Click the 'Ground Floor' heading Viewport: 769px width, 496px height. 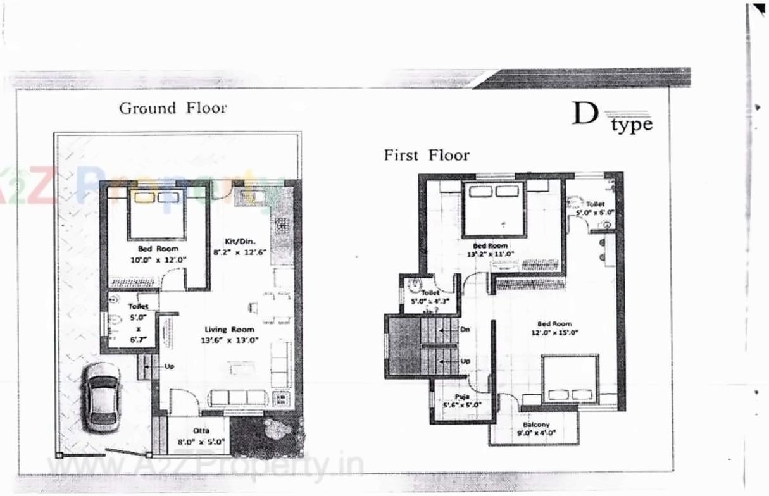pos(173,108)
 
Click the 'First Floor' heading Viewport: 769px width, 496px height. pos(427,155)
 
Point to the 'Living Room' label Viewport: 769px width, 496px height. pos(229,329)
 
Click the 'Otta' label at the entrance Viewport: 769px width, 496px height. pos(201,431)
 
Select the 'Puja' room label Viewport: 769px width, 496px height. pos(453,396)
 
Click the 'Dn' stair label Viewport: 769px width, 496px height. pos(465,329)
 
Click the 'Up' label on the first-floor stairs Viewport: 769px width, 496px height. pos(465,361)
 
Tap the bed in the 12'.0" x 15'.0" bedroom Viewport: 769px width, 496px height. pos(570,378)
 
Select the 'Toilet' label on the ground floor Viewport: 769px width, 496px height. pos(138,306)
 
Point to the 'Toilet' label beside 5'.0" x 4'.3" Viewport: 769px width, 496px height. pos(430,293)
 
